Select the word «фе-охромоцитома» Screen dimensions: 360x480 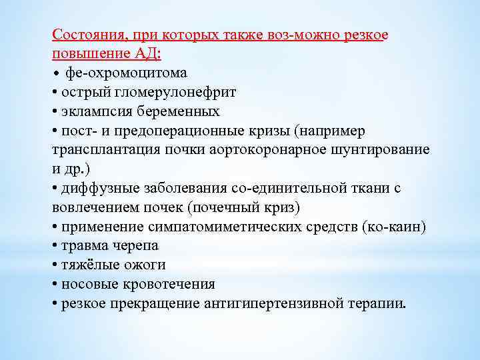click(x=126, y=72)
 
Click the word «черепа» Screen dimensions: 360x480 click(x=136, y=246)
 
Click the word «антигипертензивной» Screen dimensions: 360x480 click(x=285, y=304)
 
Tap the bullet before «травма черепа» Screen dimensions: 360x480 click(x=54, y=246)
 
